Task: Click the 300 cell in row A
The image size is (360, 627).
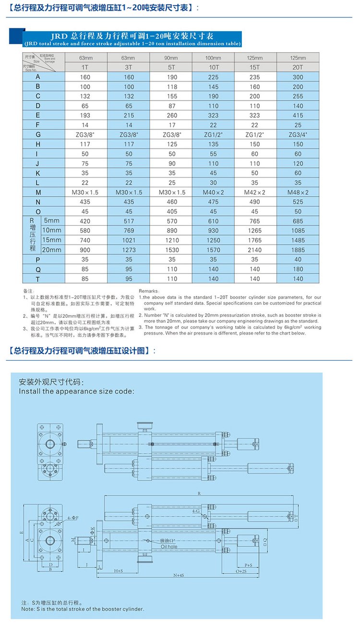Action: pyautogui.click(x=298, y=77)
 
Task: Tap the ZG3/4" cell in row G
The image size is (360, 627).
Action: pyautogui.click(x=298, y=134)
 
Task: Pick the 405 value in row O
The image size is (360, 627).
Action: pyautogui.click(x=171, y=211)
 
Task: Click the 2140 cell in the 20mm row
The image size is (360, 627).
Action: pyautogui.click(x=255, y=250)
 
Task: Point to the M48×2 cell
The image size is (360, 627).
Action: pyautogui.click(x=298, y=192)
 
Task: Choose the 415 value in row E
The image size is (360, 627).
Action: pyautogui.click(x=298, y=115)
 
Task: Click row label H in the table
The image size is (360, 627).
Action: pyautogui.click(x=38, y=144)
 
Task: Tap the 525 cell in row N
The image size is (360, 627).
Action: pyautogui.click(x=298, y=202)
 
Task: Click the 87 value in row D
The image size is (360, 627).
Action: pyautogui.click(x=171, y=106)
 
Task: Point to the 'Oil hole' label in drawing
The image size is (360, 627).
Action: pyautogui.click(x=169, y=546)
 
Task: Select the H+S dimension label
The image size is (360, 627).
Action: pyautogui.click(x=118, y=571)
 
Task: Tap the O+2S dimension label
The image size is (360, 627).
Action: pyautogui.click(x=241, y=571)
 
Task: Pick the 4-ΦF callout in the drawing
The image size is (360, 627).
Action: pyautogui.click(x=73, y=518)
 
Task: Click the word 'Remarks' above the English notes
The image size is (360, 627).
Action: pyautogui.click(x=148, y=291)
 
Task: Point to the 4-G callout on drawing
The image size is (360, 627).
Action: pyautogui.click(x=196, y=512)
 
